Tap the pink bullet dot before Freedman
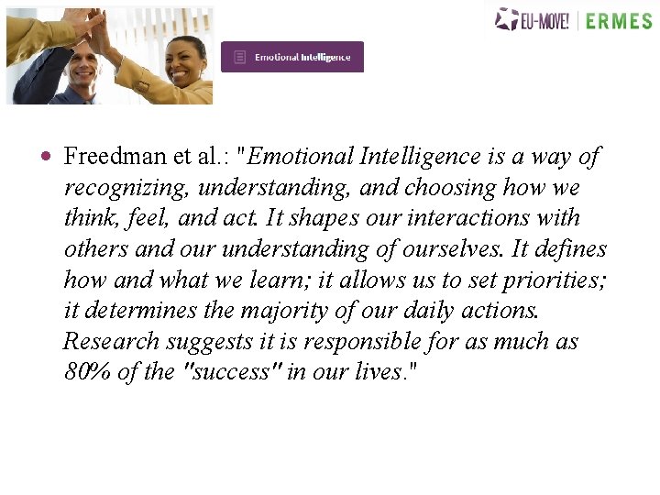[46, 157]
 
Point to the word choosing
[450, 188]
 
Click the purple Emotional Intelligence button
[292, 57]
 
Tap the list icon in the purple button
[239, 57]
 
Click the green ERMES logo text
[618, 20]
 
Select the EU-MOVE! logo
[532, 19]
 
